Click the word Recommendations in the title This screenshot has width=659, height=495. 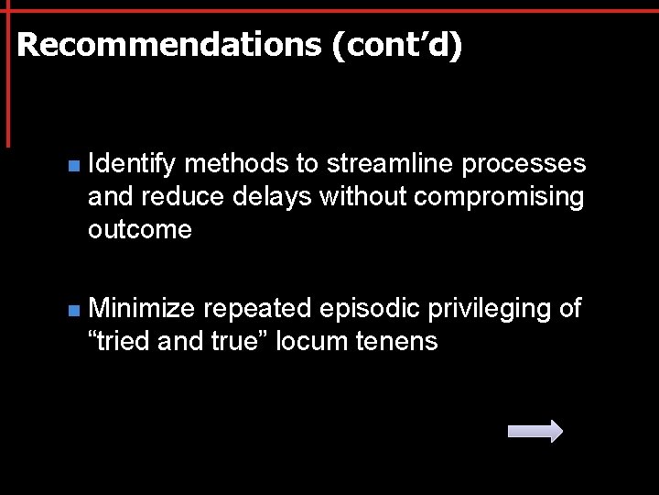(x=169, y=45)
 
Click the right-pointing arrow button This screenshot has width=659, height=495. (x=535, y=431)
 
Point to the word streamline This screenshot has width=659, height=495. (x=391, y=164)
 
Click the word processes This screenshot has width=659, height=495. (x=524, y=164)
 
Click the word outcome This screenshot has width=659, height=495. (x=140, y=229)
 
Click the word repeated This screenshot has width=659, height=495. (x=258, y=309)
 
